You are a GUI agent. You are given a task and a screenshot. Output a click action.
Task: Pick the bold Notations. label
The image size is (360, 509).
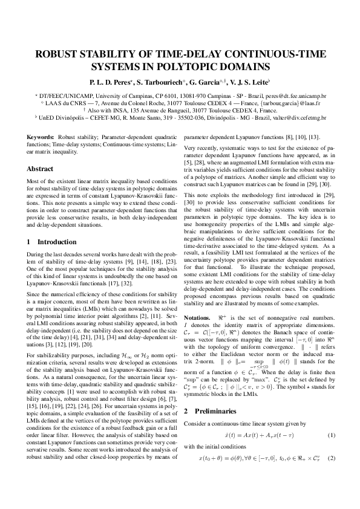[x=197, y=317]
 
